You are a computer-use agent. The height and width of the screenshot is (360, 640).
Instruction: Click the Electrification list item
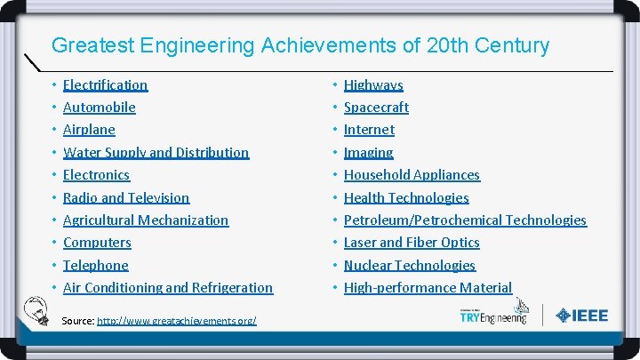click(x=105, y=85)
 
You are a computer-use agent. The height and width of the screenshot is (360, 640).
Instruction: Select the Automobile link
click(x=99, y=108)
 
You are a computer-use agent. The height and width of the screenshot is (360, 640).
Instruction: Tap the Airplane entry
click(x=89, y=130)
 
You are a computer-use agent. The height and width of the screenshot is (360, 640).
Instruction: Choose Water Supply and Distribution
click(x=156, y=153)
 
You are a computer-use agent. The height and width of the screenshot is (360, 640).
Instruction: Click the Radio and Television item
click(x=126, y=198)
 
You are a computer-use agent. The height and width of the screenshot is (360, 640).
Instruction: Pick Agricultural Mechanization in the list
click(x=146, y=220)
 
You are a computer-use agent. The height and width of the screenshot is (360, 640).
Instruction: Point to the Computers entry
click(x=97, y=243)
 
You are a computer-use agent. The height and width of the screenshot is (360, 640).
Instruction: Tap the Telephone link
click(x=95, y=266)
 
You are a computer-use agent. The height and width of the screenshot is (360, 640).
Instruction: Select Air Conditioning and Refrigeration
click(x=168, y=288)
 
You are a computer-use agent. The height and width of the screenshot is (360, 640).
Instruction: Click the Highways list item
click(x=373, y=85)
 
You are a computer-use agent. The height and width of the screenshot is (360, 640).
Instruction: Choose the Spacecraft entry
click(x=376, y=108)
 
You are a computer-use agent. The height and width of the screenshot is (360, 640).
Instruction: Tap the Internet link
click(x=369, y=130)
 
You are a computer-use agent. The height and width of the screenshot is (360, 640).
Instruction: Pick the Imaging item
click(x=368, y=153)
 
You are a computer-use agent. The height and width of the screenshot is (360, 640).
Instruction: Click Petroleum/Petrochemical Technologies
click(x=465, y=220)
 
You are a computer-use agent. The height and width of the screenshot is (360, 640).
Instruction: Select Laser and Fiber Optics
click(x=412, y=243)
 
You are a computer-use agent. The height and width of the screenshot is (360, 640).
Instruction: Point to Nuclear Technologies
click(x=409, y=266)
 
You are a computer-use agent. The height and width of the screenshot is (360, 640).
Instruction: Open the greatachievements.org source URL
click(x=176, y=320)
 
